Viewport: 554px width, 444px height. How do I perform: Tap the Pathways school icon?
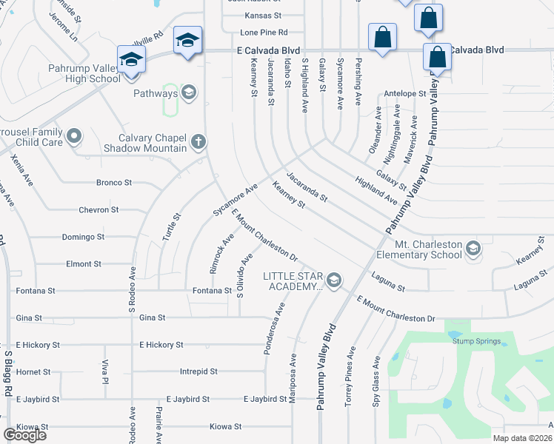click(x=188, y=93)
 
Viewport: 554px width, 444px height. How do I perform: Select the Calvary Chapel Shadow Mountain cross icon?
click(x=198, y=141)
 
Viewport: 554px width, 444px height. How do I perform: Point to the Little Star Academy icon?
click(x=334, y=279)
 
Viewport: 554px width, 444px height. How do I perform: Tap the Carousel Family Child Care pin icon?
click(x=73, y=136)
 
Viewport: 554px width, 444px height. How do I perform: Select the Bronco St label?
click(x=113, y=182)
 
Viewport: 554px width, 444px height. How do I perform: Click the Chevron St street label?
click(x=99, y=210)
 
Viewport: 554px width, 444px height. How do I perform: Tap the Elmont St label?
click(x=83, y=263)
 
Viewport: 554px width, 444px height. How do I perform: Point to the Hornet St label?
click(x=33, y=372)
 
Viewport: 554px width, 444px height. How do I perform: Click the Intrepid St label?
click(x=198, y=371)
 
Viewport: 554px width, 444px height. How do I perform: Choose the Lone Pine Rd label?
click(x=263, y=33)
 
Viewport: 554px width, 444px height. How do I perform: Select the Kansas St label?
click(x=264, y=15)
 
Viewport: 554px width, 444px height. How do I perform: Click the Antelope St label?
click(x=405, y=94)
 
